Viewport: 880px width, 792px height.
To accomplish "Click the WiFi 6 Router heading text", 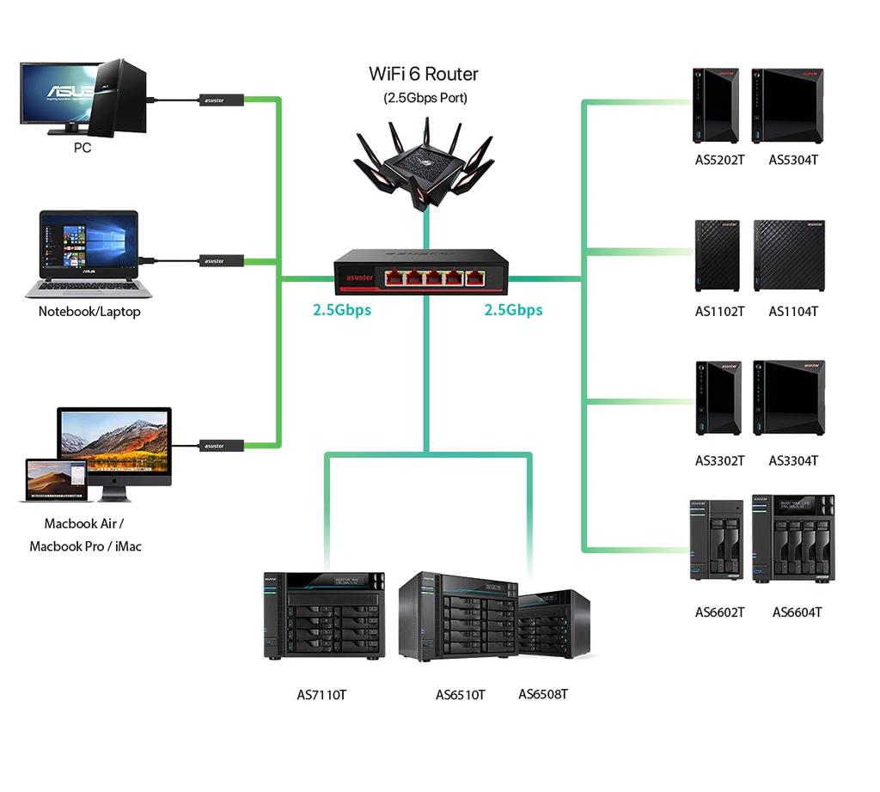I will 424,74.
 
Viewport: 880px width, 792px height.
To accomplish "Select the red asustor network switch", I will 422,272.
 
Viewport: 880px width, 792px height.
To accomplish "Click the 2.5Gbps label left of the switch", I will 342,310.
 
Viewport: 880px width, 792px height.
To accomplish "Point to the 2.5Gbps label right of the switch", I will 513,310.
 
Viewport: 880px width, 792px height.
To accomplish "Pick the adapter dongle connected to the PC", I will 223,101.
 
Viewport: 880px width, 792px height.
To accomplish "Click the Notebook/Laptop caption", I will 89,312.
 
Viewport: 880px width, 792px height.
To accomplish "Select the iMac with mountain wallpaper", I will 114,442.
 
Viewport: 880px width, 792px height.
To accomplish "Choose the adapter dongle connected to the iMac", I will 222,446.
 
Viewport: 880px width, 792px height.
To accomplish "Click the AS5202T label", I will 719,160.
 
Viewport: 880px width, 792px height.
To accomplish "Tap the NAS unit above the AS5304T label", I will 787,105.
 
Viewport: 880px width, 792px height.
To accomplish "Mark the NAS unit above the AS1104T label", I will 789,255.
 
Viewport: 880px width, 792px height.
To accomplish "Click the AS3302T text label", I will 719,461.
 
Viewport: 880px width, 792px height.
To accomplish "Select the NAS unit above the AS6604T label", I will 792,539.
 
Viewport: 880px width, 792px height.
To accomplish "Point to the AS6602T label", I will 719,612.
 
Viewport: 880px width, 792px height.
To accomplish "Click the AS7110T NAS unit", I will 324,614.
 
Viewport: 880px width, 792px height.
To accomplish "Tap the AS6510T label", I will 461,695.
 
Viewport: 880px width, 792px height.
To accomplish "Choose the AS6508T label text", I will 542,694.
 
